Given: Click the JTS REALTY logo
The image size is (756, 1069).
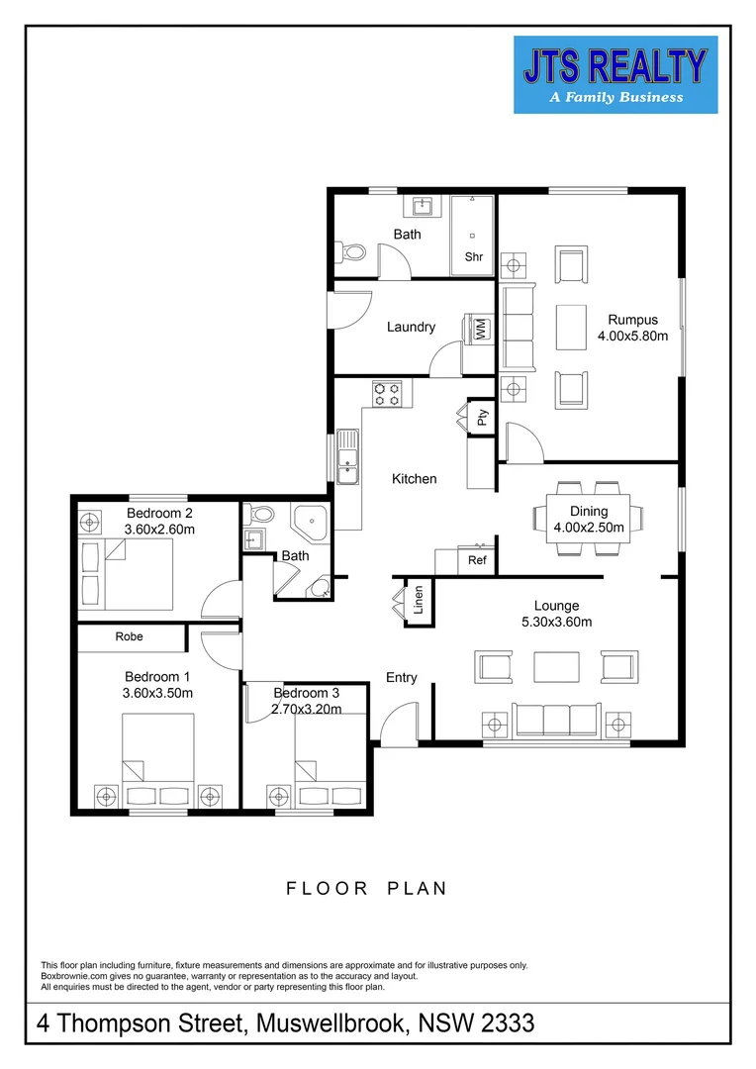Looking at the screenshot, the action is click(615, 74).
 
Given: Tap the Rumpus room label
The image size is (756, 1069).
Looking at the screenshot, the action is click(632, 320).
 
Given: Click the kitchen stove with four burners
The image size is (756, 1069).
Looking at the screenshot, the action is click(387, 393).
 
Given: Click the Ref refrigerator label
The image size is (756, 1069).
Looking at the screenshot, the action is click(477, 560).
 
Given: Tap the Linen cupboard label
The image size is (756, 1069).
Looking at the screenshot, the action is click(418, 600).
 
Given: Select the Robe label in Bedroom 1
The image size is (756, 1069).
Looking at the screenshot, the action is click(129, 636).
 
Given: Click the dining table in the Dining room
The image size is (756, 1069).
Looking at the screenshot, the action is click(589, 519).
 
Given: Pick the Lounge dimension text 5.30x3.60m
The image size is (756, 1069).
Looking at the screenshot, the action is click(557, 622).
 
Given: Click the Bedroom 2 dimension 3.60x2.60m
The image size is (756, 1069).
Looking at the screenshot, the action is click(159, 529).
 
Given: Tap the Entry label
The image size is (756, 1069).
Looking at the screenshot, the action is click(401, 678).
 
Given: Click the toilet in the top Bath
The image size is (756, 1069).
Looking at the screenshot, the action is click(350, 252).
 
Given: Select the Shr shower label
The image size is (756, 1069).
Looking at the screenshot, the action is click(474, 257).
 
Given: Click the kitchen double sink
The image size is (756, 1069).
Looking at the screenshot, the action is click(347, 457).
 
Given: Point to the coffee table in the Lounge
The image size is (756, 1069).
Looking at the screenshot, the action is click(557, 667).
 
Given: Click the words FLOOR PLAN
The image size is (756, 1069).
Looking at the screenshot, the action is click(367, 888).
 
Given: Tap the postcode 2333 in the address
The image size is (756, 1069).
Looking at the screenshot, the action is click(508, 1023).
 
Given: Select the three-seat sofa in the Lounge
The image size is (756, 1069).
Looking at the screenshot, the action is click(557, 720).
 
